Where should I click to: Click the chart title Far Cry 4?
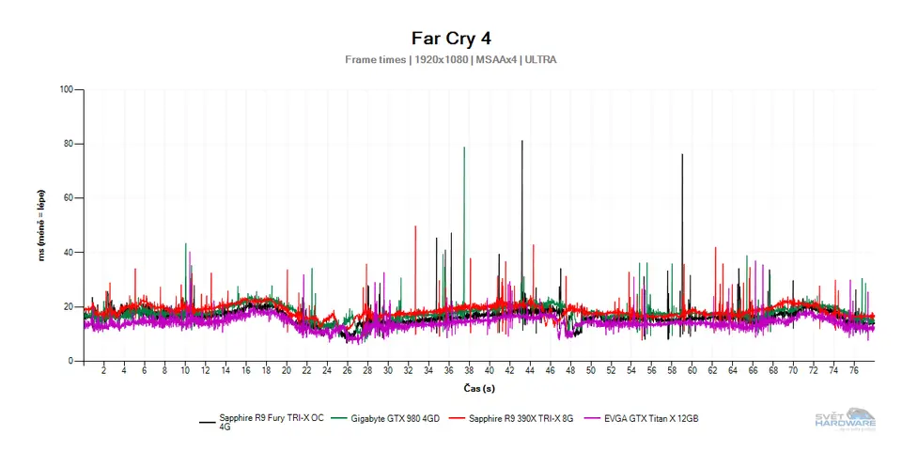point(451,39)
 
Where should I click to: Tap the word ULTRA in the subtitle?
point(540,60)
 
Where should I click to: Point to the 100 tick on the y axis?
point(66,90)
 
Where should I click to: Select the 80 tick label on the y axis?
point(69,145)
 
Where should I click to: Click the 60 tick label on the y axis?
point(69,199)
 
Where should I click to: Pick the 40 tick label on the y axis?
point(69,253)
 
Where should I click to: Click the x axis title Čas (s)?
point(479,388)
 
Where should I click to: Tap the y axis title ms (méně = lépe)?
point(42,225)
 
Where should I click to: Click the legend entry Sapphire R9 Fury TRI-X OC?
point(271,418)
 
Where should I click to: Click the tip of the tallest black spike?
point(522,141)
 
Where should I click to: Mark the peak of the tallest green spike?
point(464,148)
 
